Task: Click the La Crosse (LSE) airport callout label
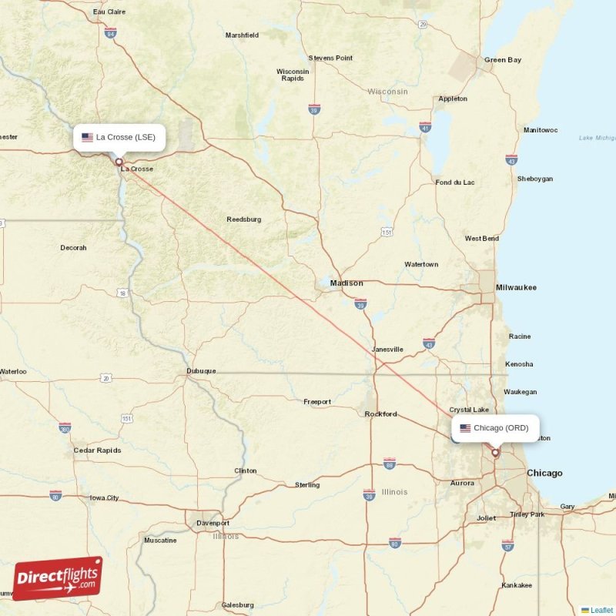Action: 119,137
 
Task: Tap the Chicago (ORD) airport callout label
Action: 495,428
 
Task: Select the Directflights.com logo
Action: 57,578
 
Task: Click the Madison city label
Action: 346,283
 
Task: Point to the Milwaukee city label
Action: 516,287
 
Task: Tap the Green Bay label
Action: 502,60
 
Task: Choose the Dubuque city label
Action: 201,371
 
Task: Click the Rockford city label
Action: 380,414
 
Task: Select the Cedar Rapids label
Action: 95,450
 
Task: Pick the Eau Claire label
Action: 109,12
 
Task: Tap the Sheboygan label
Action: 535,179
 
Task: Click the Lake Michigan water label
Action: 597,138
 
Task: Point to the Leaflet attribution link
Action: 601,610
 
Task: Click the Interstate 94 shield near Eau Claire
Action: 111,33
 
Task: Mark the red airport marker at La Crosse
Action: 119,162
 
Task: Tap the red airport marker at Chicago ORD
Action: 495,453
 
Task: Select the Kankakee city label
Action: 516,585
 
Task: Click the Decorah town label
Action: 73,248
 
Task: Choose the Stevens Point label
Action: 330,58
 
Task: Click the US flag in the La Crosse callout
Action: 87,137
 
